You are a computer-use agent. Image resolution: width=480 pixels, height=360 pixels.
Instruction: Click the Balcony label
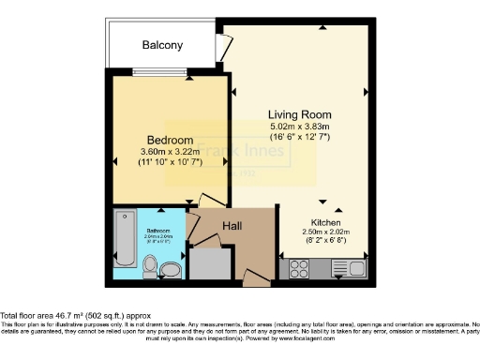(162, 45)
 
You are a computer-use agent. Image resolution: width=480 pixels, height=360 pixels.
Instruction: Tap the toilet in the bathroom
(150, 268)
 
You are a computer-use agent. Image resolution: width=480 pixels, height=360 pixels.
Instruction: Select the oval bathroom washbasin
(171, 271)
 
